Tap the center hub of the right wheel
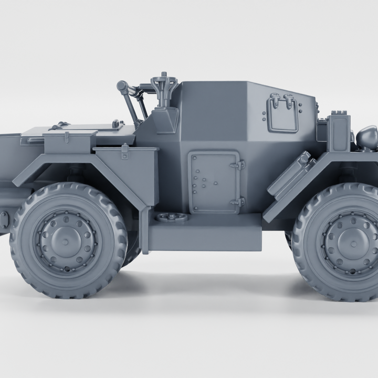[x=352, y=243]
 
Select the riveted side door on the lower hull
[x=214, y=182]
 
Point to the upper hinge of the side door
[x=239, y=165]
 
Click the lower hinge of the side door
[x=239, y=201]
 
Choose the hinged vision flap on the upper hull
[x=282, y=114]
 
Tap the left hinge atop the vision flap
[x=275, y=97]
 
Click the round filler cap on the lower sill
[x=171, y=217]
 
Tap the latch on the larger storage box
[x=125, y=152]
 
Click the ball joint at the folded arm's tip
[x=122, y=86]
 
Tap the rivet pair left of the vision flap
[x=264, y=115]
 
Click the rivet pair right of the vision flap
[x=301, y=109]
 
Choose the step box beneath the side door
[x=205, y=231]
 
